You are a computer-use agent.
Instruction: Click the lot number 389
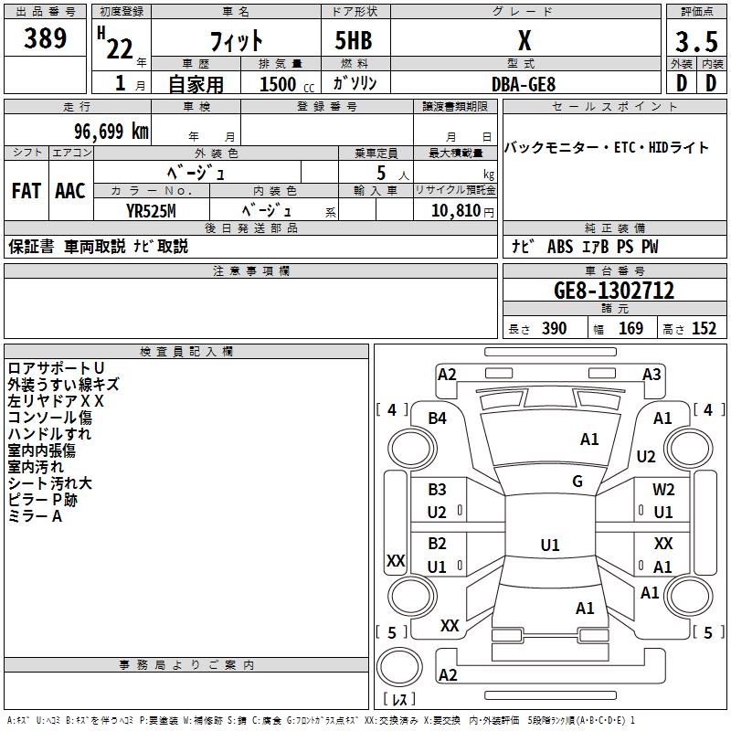pyautogui.click(x=46, y=38)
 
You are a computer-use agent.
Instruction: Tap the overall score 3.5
pyautogui.click(x=695, y=42)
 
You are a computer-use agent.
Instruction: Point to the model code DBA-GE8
pyautogui.click(x=524, y=83)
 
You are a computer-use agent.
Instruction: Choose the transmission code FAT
pyautogui.click(x=26, y=190)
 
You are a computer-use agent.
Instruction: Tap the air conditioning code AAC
pyautogui.click(x=70, y=190)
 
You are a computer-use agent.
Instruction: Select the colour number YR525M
pyautogui.click(x=152, y=210)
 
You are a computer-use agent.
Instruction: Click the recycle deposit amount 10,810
pyautogui.click(x=450, y=210)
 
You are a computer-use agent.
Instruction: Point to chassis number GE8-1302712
pyautogui.click(x=614, y=291)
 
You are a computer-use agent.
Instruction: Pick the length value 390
pyautogui.click(x=554, y=329)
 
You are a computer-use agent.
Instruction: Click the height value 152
pyautogui.click(x=704, y=329)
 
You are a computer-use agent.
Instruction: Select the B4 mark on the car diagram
pyautogui.click(x=438, y=418)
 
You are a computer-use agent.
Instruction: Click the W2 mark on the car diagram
pyautogui.click(x=663, y=490)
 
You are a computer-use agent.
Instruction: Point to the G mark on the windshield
pyautogui.click(x=577, y=482)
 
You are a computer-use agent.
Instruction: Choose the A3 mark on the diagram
pyautogui.click(x=652, y=375)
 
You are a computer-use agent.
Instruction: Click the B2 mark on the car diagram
pyautogui.click(x=438, y=544)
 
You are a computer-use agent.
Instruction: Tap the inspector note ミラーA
pyautogui.click(x=35, y=516)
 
